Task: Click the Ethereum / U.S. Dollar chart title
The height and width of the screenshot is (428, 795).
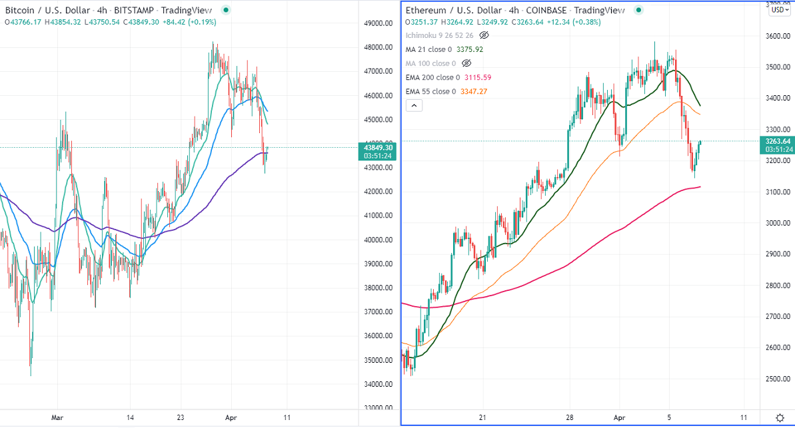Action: pos(454,11)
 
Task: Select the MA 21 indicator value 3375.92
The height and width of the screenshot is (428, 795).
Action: pos(469,49)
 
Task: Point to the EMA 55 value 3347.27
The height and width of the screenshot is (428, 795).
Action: pos(474,91)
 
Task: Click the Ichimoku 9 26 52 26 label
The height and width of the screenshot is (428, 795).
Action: pos(440,35)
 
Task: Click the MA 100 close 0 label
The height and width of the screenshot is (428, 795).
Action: pos(431,63)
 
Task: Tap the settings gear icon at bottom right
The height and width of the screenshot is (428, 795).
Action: pos(780,417)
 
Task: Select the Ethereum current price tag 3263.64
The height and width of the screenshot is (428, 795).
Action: pos(776,141)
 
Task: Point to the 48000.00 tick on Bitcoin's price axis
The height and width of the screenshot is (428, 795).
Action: pos(377,47)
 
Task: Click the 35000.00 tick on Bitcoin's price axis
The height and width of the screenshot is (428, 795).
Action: pos(377,360)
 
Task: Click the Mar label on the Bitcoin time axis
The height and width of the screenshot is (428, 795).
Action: pos(58,418)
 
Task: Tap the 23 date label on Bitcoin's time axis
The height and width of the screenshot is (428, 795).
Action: pos(181,418)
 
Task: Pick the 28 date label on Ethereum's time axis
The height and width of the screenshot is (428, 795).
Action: pos(570,417)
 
